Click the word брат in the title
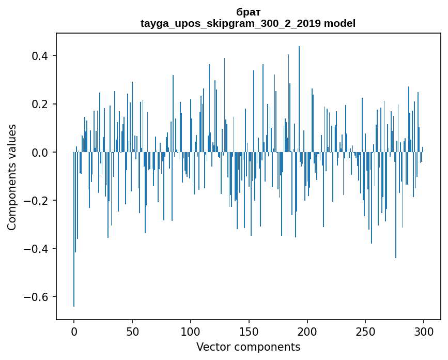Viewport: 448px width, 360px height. click(x=248, y=12)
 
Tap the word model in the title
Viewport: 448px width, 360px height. click(x=339, y=23)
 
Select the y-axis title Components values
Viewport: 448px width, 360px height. click(x=12, y=177)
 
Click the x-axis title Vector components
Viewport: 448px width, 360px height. click(x=248, y=347)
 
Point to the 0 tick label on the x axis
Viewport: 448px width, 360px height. click(x=74, y=331)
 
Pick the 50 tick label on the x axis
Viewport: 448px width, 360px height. click(x=132, y=331)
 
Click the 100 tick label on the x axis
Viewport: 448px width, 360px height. click(x=191, y=331)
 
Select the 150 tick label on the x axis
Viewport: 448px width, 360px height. click(x=249, y=331)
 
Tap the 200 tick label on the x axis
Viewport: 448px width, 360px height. click(x=307, y=331)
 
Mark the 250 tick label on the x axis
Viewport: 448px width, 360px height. click(x=366, y=331)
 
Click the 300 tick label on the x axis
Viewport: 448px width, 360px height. click(x=424, y=331)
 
